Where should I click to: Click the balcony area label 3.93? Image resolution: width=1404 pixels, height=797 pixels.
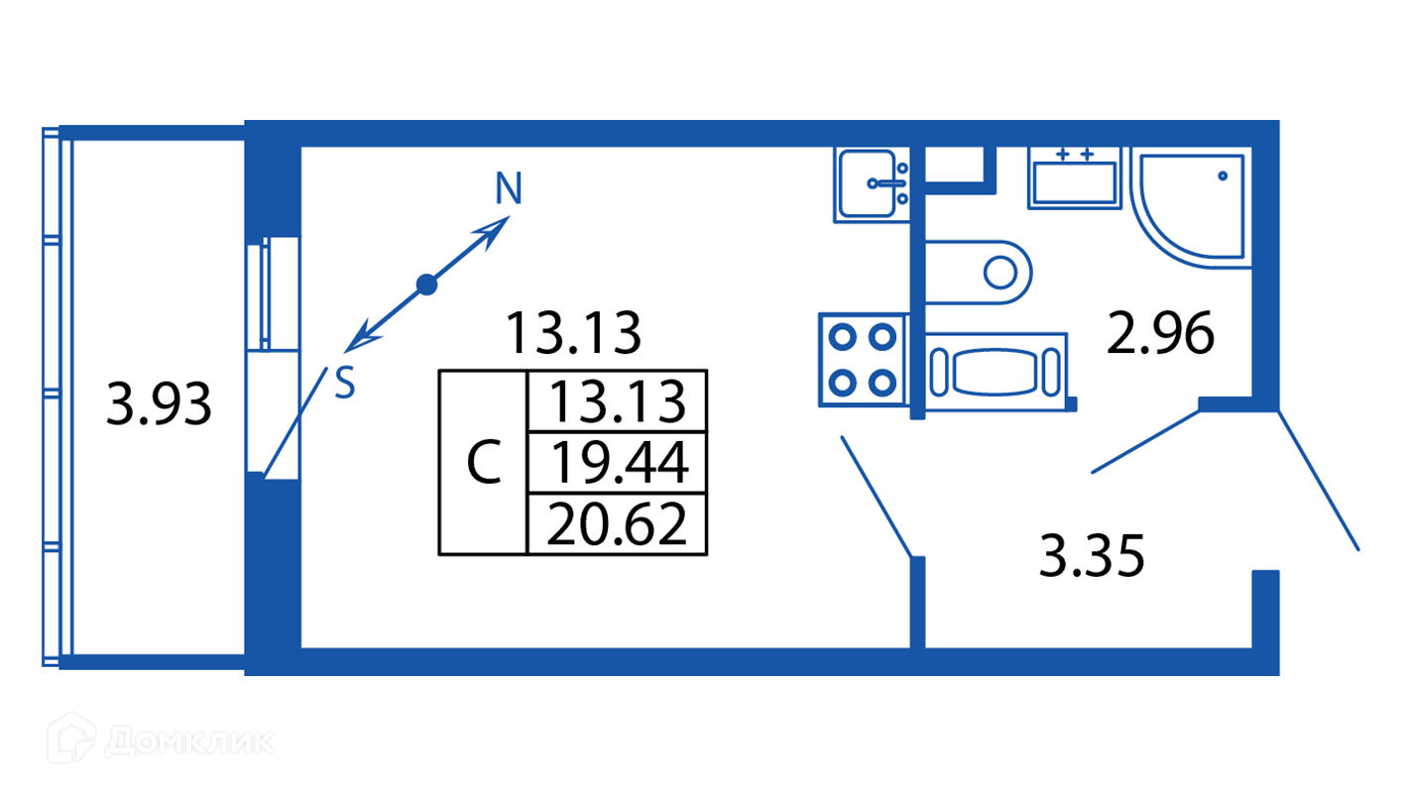point(159,404)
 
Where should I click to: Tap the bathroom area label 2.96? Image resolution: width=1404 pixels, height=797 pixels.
point(1161,334)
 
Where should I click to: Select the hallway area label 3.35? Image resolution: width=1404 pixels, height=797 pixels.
point(1092,556)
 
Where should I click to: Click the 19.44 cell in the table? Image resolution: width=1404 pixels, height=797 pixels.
point(617,462)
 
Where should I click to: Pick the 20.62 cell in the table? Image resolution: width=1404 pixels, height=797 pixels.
point(617,523)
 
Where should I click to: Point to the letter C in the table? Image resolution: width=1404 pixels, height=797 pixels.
point(483,463)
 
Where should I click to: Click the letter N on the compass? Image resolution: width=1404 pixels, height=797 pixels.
point(509,188)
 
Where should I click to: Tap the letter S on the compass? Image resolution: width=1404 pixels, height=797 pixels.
point(344,384)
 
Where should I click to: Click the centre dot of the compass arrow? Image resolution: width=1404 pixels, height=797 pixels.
point(426,285)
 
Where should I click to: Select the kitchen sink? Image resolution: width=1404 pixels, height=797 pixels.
point(873,184)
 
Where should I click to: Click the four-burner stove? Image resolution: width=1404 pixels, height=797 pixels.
point(862,359)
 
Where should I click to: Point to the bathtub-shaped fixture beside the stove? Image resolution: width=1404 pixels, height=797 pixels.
point(999,370)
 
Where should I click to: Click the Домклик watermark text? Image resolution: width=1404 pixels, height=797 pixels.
point(188,741)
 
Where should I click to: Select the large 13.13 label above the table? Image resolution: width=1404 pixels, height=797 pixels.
point(573,333)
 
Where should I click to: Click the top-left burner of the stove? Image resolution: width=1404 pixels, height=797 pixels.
point(843,337)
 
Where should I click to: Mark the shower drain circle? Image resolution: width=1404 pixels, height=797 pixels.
point(1223,175)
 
